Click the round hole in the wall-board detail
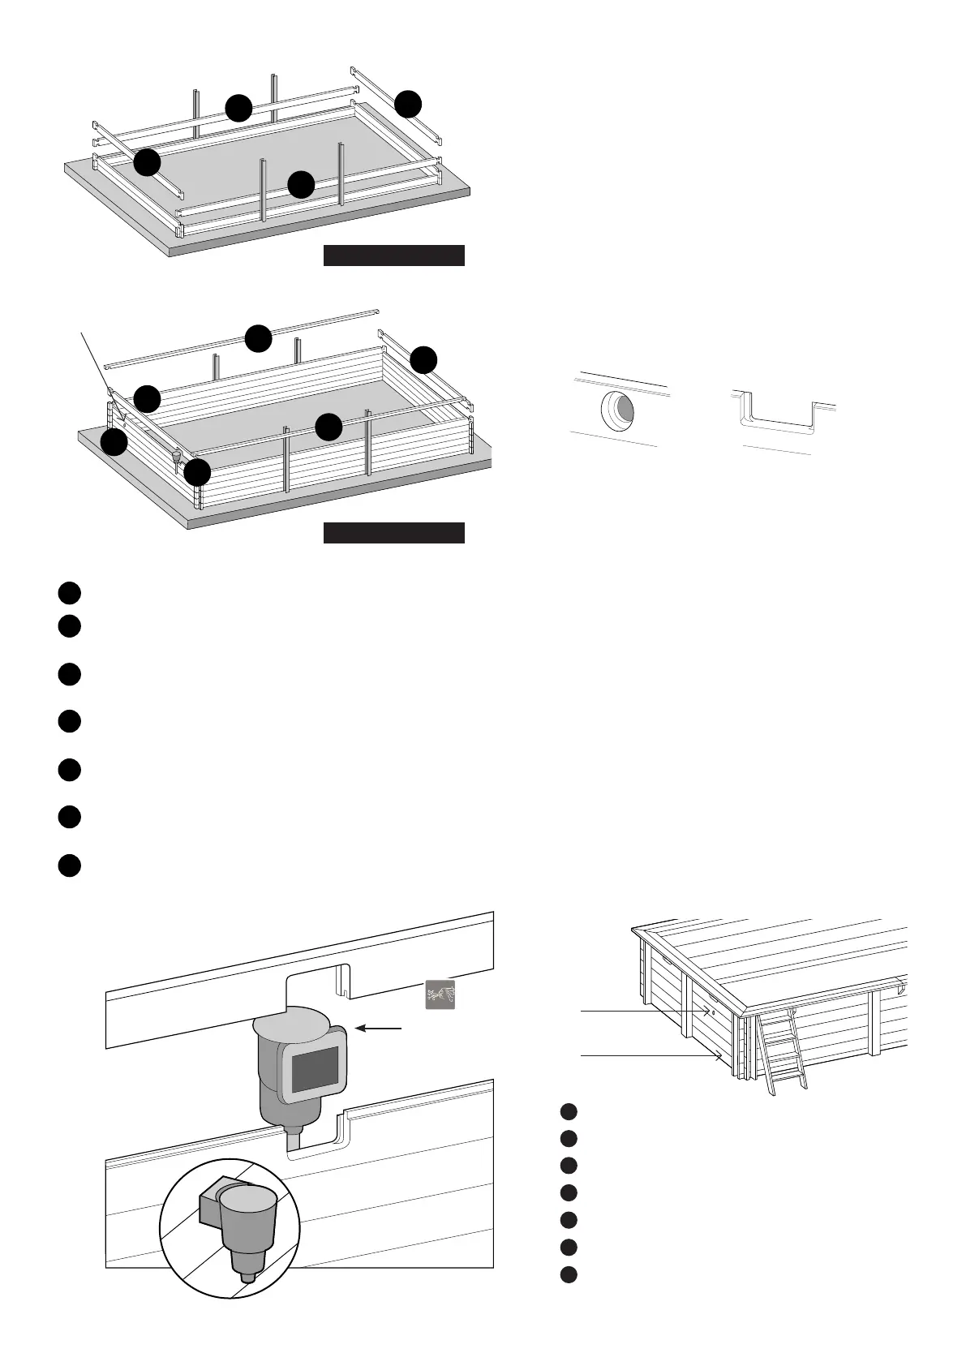coord(620,409)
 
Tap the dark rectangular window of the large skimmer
coord(315,1069)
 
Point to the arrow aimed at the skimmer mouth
coord(380,1028)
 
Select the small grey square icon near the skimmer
coord(440,994)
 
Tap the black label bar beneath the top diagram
coord(393,256)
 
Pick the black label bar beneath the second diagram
coord(393,533)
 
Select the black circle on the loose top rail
coord(258,338)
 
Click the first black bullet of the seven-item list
coord(69,593)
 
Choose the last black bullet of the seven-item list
coord(69,865)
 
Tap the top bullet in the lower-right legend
coord(569,1111)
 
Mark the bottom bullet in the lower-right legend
coord(569,1274)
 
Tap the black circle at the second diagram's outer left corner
coord(114,442)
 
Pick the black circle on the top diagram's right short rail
coord(408,104)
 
